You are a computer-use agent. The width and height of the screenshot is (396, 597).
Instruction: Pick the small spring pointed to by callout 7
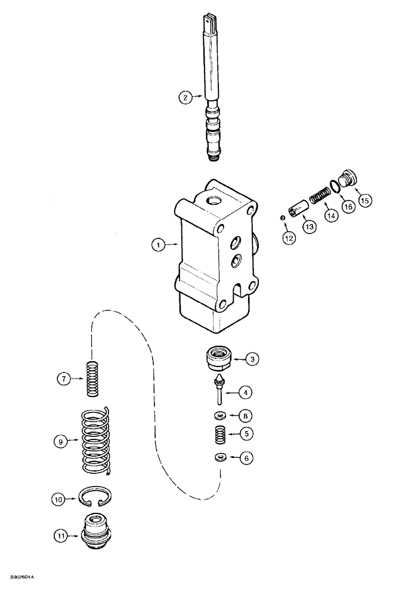point(92,378)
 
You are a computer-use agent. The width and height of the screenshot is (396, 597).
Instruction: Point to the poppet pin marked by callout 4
point(219,389)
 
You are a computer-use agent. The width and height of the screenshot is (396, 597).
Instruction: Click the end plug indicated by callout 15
point(346,179)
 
